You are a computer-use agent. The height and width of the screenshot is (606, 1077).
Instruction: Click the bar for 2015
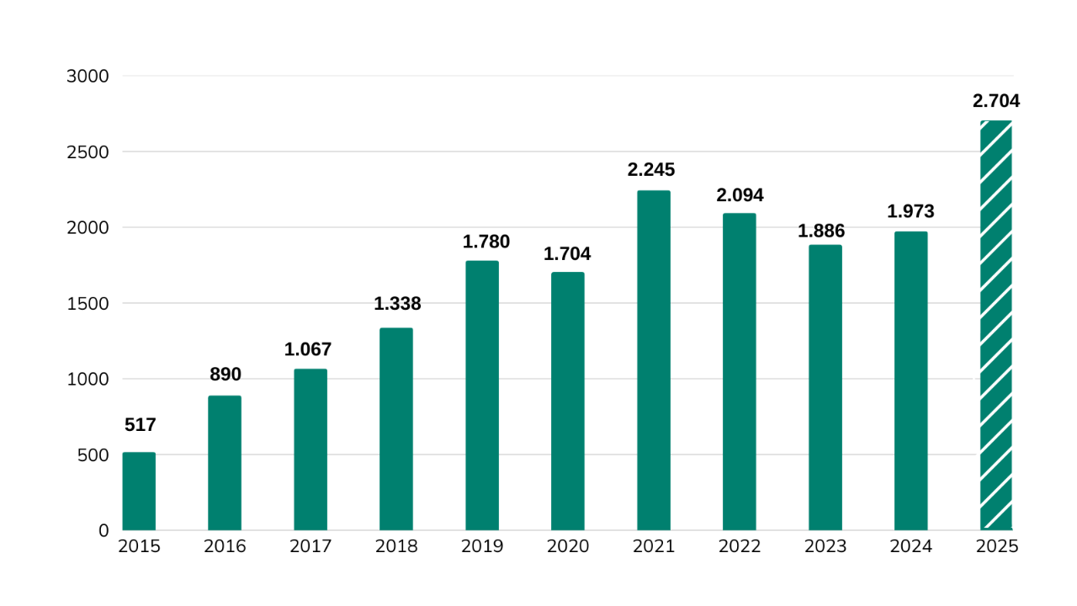coord(139,492)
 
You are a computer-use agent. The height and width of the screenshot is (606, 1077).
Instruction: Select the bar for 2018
coord(396,429)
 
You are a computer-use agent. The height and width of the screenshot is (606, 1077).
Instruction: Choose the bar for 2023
coord(825,387)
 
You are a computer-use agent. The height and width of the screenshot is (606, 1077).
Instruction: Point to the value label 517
coord(141,425)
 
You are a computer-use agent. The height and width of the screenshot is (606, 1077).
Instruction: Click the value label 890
coord(225,375)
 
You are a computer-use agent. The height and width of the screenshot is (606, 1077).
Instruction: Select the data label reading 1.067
coord(308,349)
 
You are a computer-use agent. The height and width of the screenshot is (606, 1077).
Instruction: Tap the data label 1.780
coord(486,242)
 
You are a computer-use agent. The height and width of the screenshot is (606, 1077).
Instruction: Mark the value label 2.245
coord(651,170)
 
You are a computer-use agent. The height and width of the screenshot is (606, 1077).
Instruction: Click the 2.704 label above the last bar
coord(996,101)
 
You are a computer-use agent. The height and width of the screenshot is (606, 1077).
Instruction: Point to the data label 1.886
coord(821,231)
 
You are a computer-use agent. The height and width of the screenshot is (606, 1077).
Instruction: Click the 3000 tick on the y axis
coord(88,77)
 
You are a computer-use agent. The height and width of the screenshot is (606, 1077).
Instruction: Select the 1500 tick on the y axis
coord(88,304)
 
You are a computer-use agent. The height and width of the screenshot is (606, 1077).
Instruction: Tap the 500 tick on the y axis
coord(93,455)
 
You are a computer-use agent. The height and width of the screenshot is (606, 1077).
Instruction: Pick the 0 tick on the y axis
coord(103,531)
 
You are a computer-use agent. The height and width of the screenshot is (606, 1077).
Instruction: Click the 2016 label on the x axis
coord(225,547)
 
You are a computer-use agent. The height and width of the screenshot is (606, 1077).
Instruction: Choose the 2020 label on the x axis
coord(568,547)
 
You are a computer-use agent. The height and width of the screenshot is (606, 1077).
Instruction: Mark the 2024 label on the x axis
coord(911,547)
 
